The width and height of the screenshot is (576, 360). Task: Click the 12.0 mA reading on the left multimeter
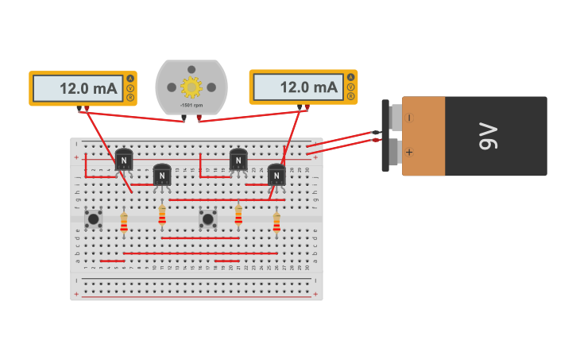(x=78, y=88)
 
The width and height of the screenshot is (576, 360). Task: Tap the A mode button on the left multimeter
(x=130, y=78)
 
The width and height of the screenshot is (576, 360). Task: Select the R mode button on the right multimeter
(x=350, y=96)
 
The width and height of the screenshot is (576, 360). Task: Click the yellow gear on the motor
(x=191, y=87)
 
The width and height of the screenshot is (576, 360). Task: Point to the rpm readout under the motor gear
(x=191, y=106)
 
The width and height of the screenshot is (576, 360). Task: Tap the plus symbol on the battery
(x=409, y=152)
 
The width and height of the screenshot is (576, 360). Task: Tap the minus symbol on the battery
(x=409, y=118)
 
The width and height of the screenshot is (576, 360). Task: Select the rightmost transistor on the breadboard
(x=276, y=175)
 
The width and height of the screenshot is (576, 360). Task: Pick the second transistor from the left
(x=162, y=175)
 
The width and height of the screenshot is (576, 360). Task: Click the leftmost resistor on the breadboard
(x=124, y=223)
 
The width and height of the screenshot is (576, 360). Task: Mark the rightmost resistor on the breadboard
(x=276, y=222)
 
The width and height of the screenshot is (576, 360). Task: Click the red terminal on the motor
(x=199, y=118)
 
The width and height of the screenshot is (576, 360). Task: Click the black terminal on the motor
(x=184, y=118)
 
